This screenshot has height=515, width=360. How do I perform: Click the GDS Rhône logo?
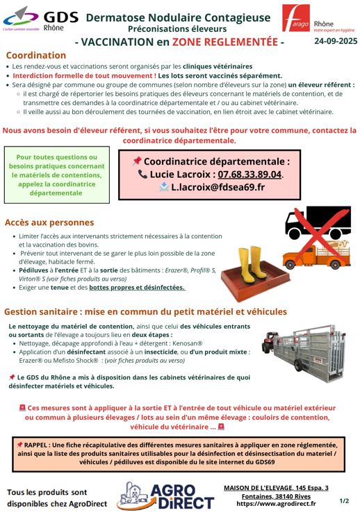[41, 19]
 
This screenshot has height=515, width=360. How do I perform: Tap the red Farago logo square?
[296, 18]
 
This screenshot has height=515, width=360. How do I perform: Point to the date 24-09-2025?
[336, 41]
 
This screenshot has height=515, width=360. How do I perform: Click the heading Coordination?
[36, 55]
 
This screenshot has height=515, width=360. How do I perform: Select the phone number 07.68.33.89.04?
[249, 174]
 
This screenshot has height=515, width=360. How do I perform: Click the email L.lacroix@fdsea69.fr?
[218, 187]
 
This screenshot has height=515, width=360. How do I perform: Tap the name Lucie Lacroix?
[180, 174]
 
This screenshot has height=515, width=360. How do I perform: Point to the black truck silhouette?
[318, 222]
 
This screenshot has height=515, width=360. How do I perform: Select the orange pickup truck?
[316, 255]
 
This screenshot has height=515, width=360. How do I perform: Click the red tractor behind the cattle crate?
[270, 342]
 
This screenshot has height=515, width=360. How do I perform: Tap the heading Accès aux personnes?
[49, 222]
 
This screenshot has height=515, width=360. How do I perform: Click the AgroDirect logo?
[165, 496]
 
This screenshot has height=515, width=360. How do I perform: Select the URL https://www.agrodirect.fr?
[276, 503]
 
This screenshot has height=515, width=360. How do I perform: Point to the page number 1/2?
[344, 501]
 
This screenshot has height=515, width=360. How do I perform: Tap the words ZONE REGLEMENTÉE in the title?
[225, 42]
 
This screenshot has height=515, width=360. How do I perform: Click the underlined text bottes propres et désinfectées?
[137, 288]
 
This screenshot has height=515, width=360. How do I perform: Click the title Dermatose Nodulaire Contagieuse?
[178, 17]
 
